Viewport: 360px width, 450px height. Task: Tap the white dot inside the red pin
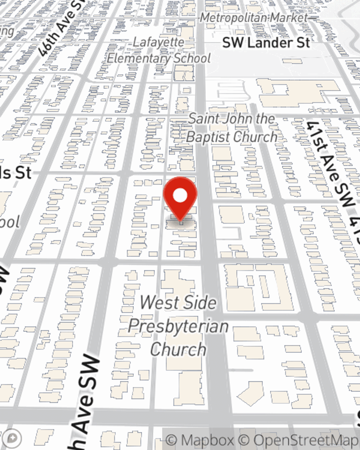tap(180, 196)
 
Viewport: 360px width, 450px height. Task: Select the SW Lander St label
tap(266, 43)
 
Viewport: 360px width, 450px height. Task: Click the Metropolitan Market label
tap(254, 18)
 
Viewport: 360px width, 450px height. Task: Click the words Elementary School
tap(159, 58)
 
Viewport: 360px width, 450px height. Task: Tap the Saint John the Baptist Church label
tap(232, 128)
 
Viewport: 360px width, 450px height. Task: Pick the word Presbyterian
tap(178, 327)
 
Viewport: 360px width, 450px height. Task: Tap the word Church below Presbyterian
tap(178, 350)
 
